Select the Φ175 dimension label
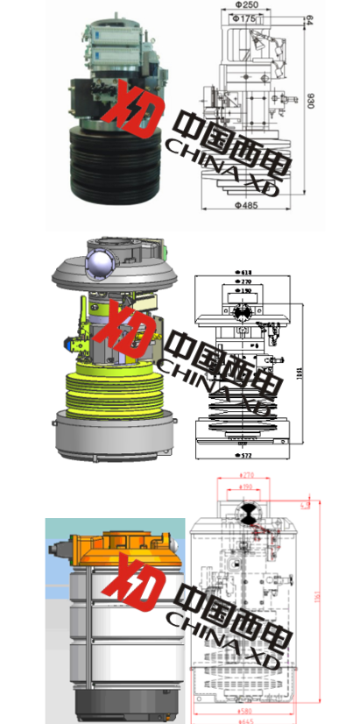click(247, 19)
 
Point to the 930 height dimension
click(309, 101)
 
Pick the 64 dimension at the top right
click(309, 19)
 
